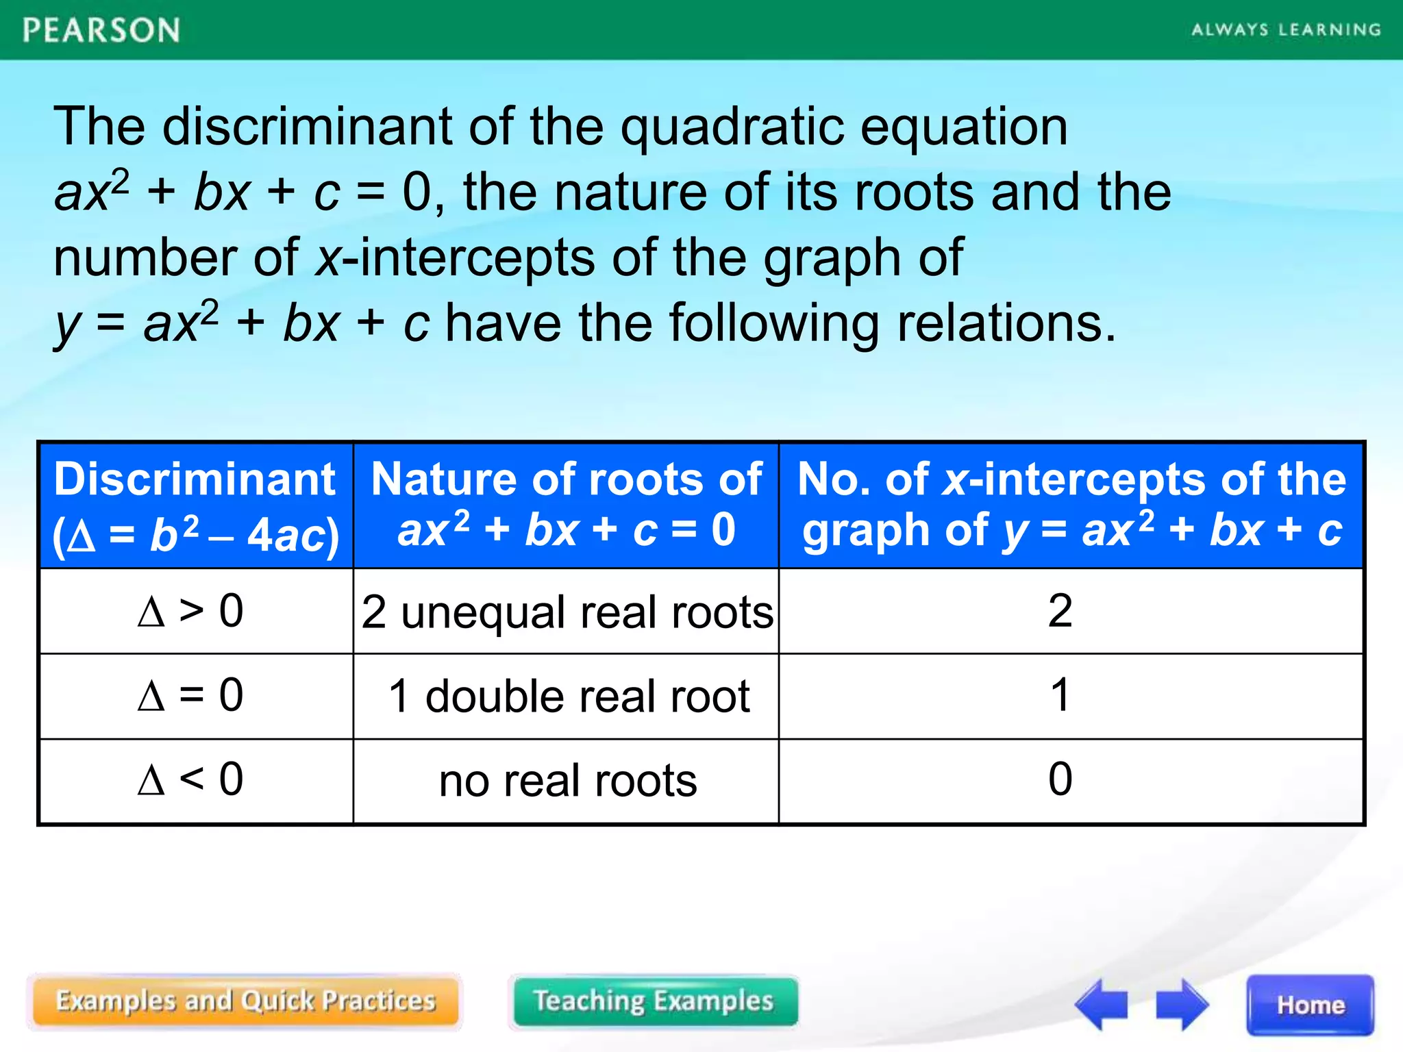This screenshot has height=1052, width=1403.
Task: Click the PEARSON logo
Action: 101,31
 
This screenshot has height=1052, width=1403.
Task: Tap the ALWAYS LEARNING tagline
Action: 1286,30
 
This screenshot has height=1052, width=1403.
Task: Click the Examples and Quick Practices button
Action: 245,1001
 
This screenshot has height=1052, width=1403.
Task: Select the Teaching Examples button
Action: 654,1001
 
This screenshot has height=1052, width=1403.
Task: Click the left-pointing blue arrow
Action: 1101,1004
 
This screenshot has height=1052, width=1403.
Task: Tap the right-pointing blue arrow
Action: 1182,1004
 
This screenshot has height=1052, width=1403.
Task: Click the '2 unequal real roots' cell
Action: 567,612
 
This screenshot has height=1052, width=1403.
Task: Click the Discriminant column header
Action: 195,505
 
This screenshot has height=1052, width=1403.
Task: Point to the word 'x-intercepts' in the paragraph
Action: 455,258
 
